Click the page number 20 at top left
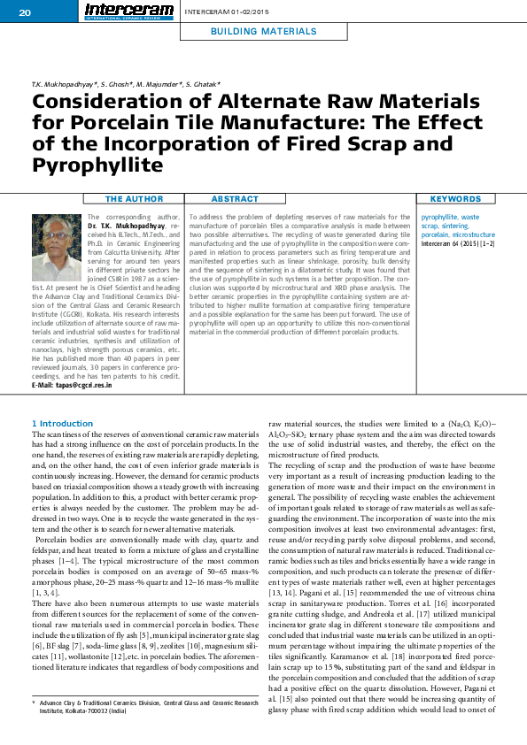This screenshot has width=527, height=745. coord(24,12)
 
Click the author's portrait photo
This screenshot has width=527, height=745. coord(56,247)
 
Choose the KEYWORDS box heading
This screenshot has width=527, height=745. coord(455,199)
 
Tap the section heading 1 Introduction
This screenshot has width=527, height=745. coord(62,424)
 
